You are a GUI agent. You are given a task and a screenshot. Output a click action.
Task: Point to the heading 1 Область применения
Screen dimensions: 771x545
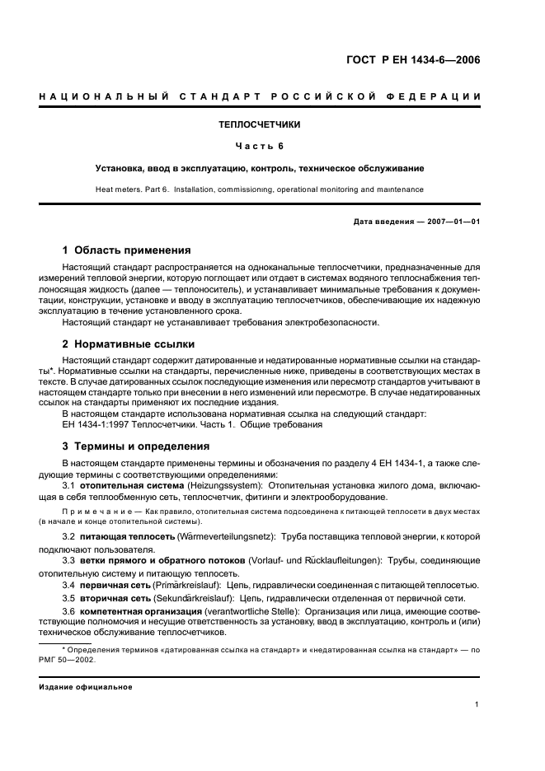pos(127,250)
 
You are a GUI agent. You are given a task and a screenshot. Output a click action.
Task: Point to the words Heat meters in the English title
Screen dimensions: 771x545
pos(121,189)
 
